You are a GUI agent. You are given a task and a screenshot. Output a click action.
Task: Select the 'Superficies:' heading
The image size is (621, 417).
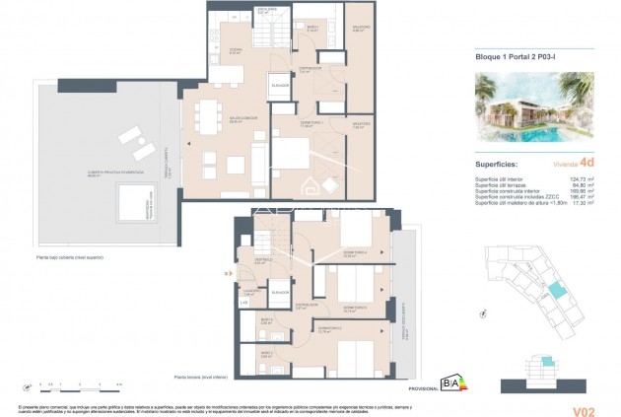pyautogui.click(x=500, y=162)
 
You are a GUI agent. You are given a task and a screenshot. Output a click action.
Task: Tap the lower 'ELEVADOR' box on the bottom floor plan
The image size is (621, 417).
pyautogui.click(x=280, y=293)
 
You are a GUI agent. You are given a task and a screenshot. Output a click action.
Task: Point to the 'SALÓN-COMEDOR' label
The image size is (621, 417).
pyautogui.click(x=215, y=121)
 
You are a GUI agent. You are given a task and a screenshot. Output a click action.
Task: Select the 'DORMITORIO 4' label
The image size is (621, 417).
pyautogui.click(x=355, y=252)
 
